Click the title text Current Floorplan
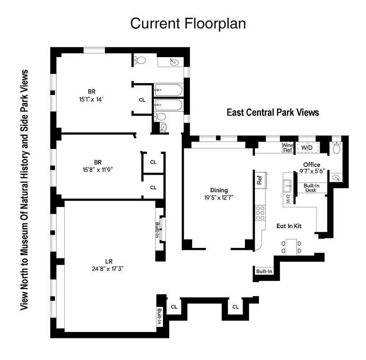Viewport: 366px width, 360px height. [188, 23]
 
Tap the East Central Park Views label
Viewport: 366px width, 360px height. [273, 112]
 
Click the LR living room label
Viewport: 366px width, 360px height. [108, 261]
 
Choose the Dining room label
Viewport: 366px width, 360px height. [219, 190]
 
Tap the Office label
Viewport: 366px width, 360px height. [312, 165]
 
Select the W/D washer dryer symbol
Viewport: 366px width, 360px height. [307, 147]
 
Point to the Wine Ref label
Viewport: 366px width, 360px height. [287, 148]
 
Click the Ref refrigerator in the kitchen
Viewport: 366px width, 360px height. [260, 180]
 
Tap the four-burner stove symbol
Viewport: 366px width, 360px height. [260, 212]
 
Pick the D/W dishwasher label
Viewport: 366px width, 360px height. [288, 200]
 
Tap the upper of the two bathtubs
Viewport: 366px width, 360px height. [168, 90]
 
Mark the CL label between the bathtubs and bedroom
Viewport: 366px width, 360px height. [142, 99]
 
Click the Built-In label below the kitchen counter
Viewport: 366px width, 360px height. [264, 271]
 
